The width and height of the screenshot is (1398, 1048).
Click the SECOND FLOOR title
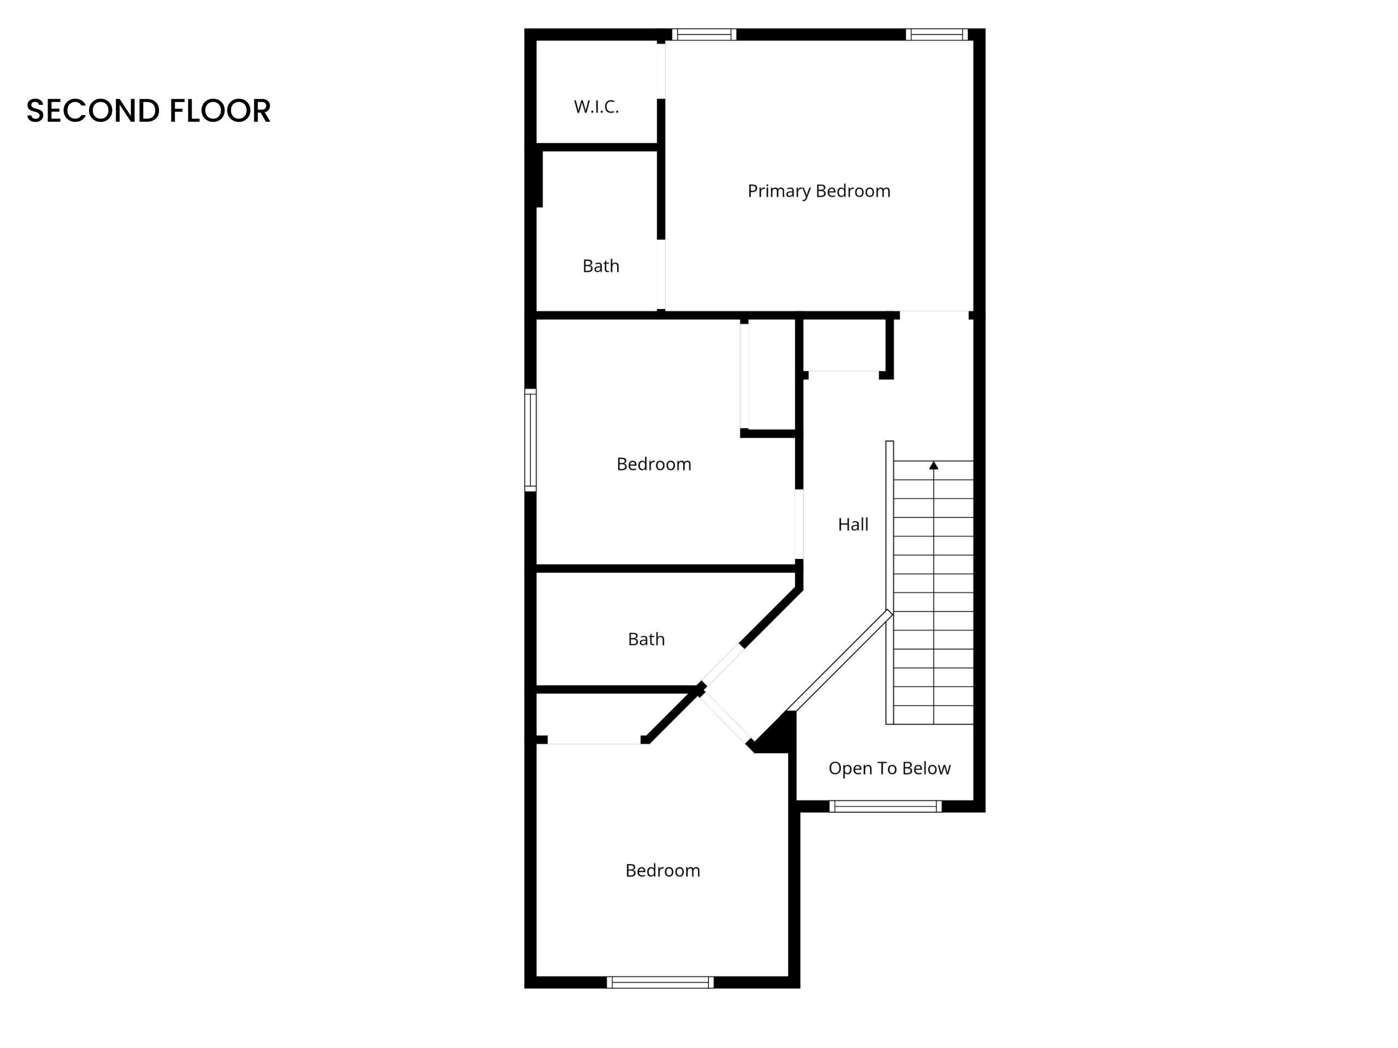(149, 111)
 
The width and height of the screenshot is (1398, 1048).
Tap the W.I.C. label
(596, 107)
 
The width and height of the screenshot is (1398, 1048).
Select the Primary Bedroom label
(819, 191)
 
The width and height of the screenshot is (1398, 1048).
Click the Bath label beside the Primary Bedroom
(600, 266)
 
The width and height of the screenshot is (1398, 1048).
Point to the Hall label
(852, 525)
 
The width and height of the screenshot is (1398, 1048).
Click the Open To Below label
(889, 768)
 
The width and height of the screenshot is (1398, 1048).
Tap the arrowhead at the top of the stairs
(933, 466)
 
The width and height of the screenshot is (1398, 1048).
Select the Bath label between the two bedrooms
(646, 639)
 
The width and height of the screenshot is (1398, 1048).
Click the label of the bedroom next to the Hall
(654, 465)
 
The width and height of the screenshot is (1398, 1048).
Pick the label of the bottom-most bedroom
(662, 871)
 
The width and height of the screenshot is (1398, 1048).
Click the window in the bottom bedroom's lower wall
(660, 982)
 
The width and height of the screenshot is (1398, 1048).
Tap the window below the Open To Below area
(885, 806)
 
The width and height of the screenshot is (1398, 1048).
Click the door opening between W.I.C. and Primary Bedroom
(661, 70)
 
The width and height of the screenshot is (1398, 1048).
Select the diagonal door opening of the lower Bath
(721, 665)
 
